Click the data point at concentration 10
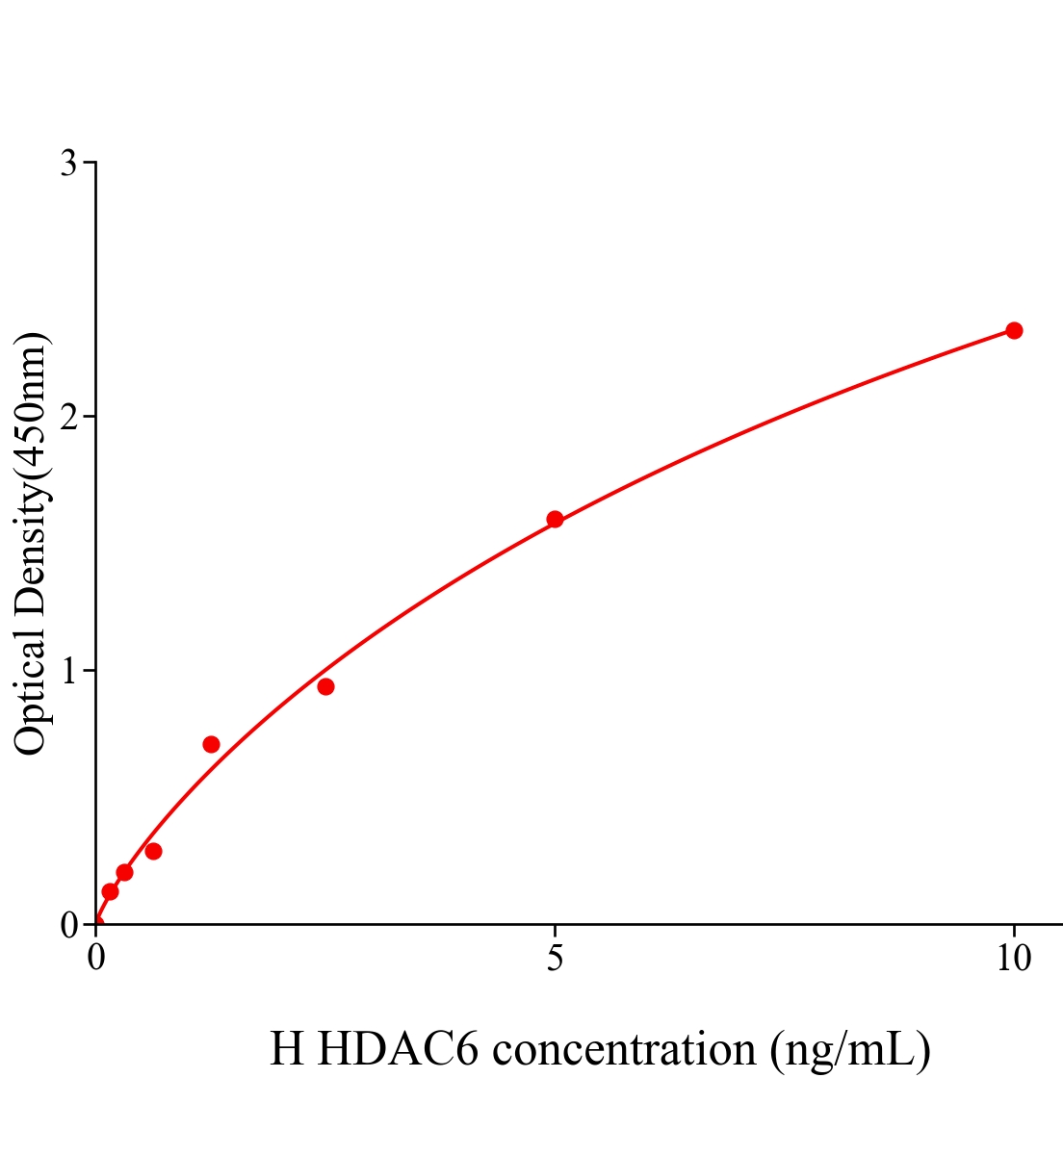(1013, 330)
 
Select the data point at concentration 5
(555, 519)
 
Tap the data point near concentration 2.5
(325, 686)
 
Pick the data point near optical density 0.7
(211, 744)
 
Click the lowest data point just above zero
(110, 891)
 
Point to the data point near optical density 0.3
(153, 851)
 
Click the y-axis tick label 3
(68, 164)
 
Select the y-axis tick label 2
(68, 417)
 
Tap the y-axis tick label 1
(68, 671)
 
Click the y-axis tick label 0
(68, 925)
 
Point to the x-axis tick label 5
(555, 959)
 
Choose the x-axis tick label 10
(1013, 959)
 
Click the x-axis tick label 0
(96, 959)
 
